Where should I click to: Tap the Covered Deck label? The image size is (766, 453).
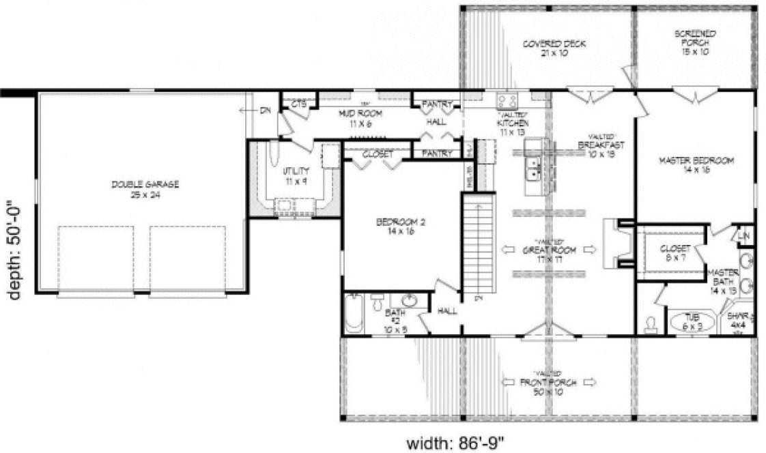pos(544,48)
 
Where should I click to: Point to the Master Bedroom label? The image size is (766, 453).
pos(696,165)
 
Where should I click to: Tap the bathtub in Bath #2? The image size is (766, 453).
pos(354,313)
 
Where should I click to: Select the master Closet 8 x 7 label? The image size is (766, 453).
pos(675,253)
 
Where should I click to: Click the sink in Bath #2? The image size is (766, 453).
pos(408,300)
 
